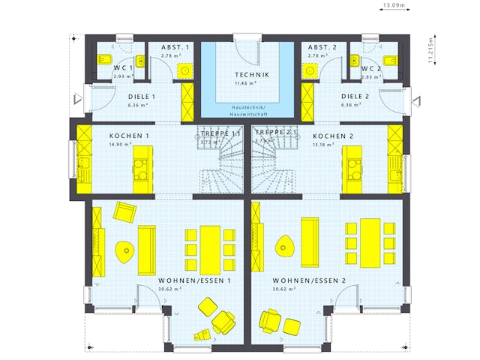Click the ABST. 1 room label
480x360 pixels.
[x=175, y=47]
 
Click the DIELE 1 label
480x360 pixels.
[x=141, y=97]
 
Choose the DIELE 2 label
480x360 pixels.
[x=356, y=97]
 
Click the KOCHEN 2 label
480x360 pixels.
[x=332, y=136]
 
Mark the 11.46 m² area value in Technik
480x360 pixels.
[x=246, y=83]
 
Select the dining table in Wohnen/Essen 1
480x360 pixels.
[x=210, y=249]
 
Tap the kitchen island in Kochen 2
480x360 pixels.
[x=350, y=167]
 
